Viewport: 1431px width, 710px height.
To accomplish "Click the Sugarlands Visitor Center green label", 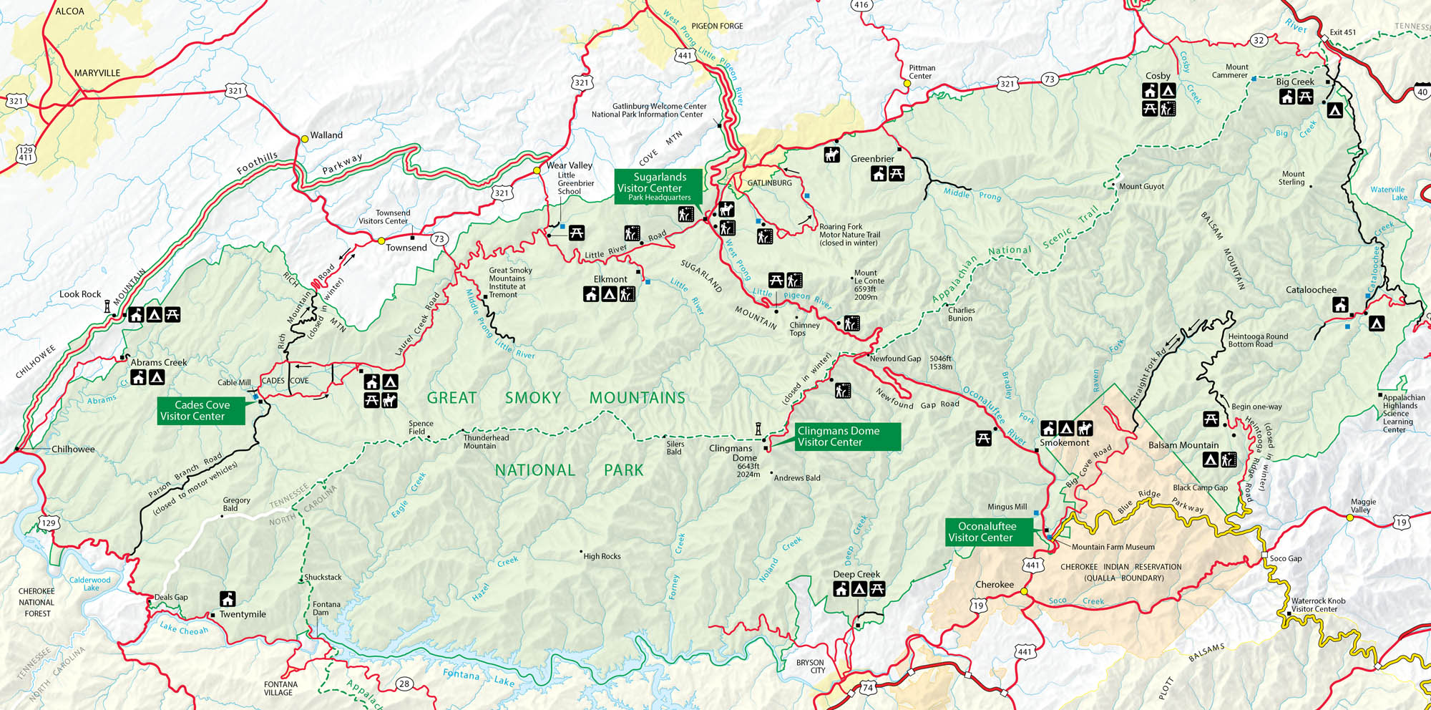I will click(x=658, y=186).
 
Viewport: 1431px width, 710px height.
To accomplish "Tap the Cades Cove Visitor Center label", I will click(x=201, y=410).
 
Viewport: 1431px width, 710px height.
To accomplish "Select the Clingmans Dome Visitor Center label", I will click(x=847, y=436).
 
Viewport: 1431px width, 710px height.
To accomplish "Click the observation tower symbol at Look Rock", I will click(x=107, y=306).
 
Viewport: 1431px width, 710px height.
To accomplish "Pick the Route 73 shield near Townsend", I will click(x=439, y=239).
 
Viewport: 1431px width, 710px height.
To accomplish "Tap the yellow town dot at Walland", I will click(x=304, y=139).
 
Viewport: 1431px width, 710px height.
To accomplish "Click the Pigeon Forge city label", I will click(x=717, y=26).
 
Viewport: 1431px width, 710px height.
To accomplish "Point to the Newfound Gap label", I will click(x=895, y=359).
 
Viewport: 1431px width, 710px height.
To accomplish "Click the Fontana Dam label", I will click(x=326, y=608).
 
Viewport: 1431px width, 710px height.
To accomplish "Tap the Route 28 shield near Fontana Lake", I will click(x=404, y=684).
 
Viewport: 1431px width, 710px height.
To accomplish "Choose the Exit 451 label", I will click(x=1342, y=32).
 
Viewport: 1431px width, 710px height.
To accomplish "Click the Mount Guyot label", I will click(x=1141, y=186).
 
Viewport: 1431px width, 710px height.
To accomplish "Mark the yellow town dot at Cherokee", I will click(x=1024, y=591).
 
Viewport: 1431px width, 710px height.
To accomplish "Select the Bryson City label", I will click(x=810, y=666).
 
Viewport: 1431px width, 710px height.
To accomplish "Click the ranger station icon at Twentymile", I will click(x=228, y=598).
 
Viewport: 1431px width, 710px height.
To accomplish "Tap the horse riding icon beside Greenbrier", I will click(x=831, y=155).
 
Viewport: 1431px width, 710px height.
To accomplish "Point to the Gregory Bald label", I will click(x=236, y=504).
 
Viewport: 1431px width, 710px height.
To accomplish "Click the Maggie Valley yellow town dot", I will click(x=1349, y=517).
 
